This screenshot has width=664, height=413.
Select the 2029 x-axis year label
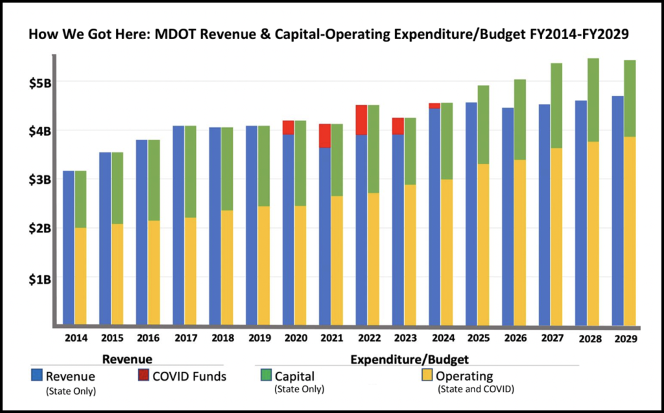625,338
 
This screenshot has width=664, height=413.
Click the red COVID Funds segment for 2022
361,119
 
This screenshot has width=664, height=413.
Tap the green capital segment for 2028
589,100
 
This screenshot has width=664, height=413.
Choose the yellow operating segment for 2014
80,276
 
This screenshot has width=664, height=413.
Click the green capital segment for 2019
263,166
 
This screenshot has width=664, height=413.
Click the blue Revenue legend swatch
37,375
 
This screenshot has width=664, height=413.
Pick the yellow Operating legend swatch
427,375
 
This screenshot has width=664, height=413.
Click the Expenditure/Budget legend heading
409,358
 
